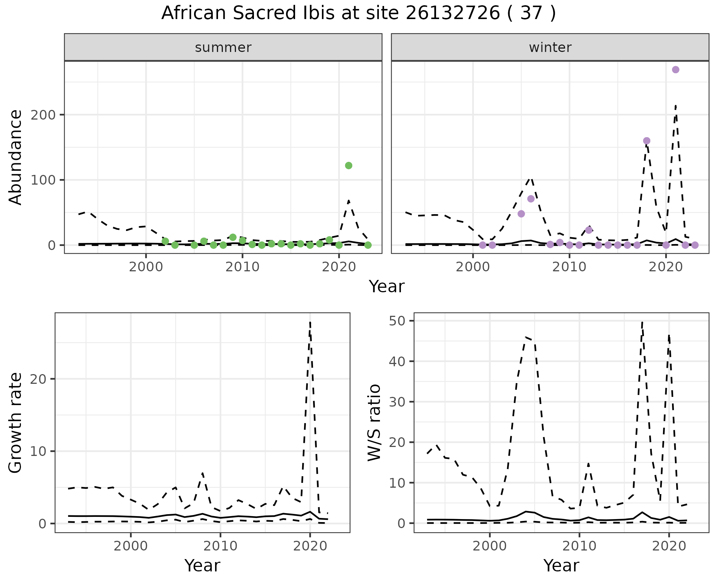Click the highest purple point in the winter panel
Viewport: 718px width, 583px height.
[675, 70]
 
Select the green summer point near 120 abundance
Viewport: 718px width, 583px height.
[349, 166]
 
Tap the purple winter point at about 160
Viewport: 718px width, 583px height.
[647, 141]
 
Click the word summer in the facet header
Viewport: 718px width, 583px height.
[223, 47]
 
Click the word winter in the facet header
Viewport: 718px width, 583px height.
[550, 47]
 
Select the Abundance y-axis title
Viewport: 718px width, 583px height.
[16, 157]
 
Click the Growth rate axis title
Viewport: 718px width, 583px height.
[16, 423]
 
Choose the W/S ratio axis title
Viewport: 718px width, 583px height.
[374, 423]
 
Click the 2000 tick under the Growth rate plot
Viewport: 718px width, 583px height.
[131, 546]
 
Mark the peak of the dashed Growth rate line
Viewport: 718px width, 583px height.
[310, 322]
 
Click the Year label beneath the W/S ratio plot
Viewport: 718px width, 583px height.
[561, 565]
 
